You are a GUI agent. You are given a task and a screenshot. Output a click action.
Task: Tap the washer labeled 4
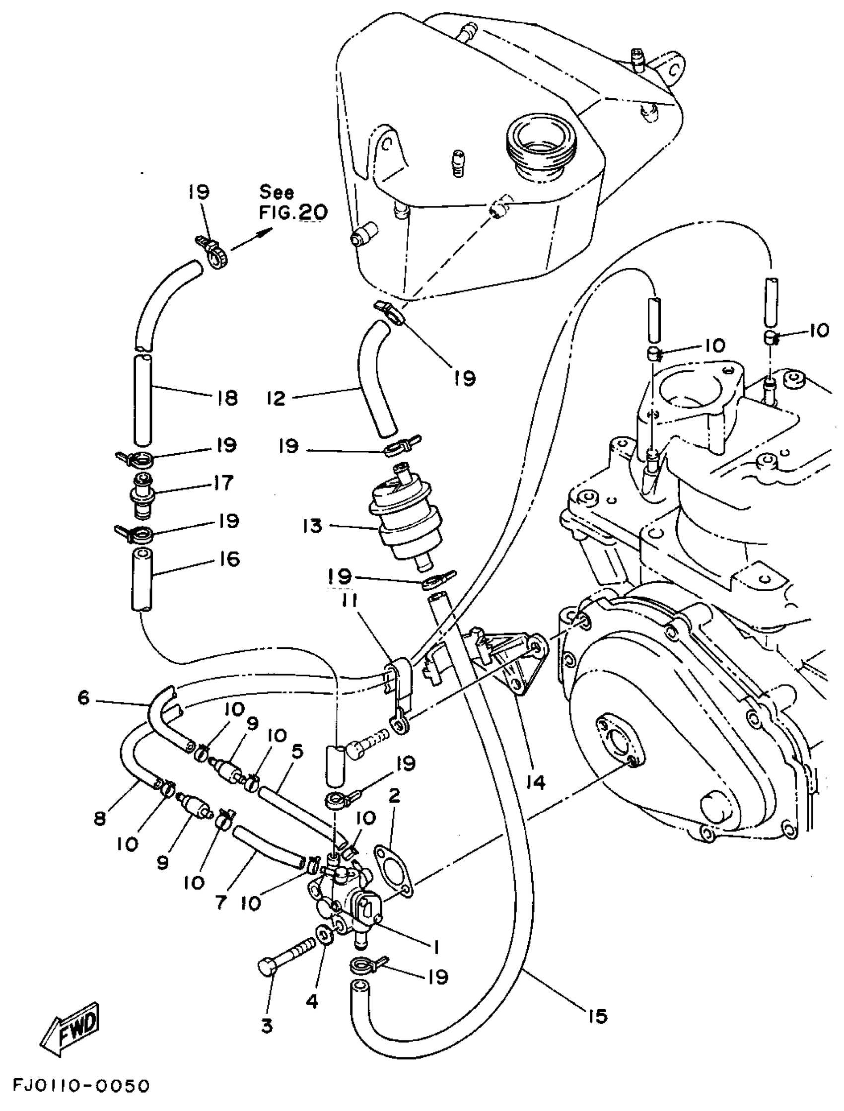click(x=323, y=935)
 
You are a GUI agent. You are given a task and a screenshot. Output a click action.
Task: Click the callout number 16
click(x=229, y=558)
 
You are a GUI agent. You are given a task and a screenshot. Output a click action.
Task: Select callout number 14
click(x=536, y=782)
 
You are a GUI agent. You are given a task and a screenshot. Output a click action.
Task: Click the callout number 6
click(x=83, y=697)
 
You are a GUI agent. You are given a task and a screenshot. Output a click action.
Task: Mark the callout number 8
click(x=100, y=819)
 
